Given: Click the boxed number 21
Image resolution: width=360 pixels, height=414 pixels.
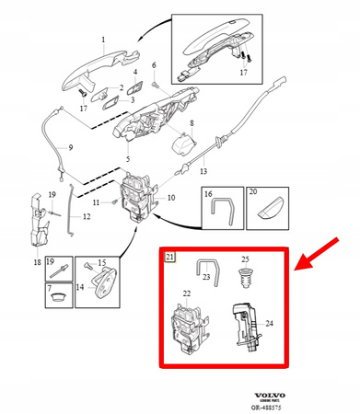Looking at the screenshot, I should tap(169, 257).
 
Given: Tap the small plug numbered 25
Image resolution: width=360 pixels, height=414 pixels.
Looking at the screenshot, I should tap(245, 277).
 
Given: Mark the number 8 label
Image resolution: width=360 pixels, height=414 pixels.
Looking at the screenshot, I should tap(191, 122).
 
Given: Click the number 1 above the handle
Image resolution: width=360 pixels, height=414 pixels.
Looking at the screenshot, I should tap(103, 40).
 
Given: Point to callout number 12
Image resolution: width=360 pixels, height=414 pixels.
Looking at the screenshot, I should tap(86, 216).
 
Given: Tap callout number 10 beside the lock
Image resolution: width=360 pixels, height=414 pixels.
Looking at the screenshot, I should tap(169, 198).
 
